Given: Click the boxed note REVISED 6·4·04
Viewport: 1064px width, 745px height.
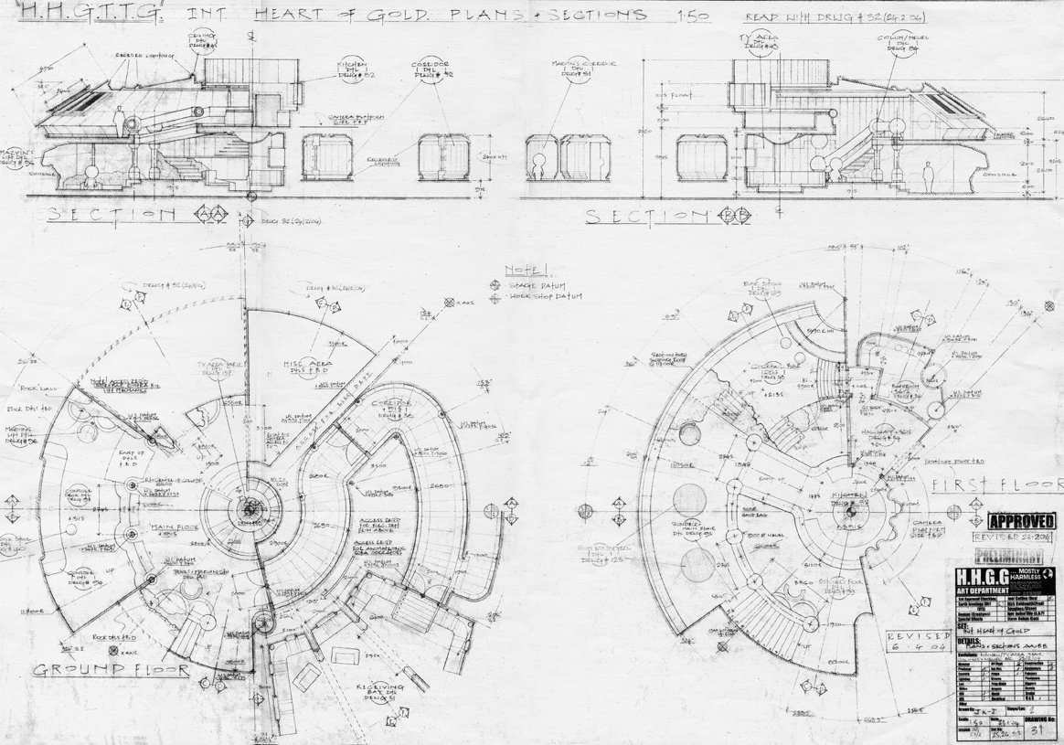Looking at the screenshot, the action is tap(920, 641).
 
